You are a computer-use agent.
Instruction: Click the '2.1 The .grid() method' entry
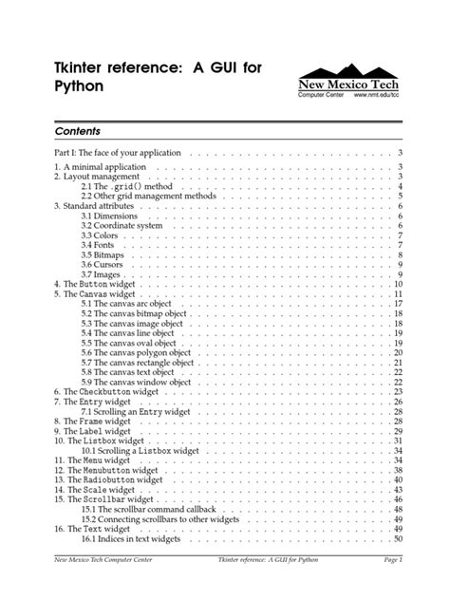pyautogui.click(x=123, y=186)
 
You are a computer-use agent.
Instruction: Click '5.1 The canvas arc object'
pyautogui.click(x=129, y=303)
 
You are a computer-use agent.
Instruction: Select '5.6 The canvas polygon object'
pyautogui.click(x=137, y=352)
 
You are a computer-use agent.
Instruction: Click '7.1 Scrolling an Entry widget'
pyautogui.click(x=135, y=411)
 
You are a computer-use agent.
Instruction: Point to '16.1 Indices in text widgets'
pyautogui.click(x=138, y=539)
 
